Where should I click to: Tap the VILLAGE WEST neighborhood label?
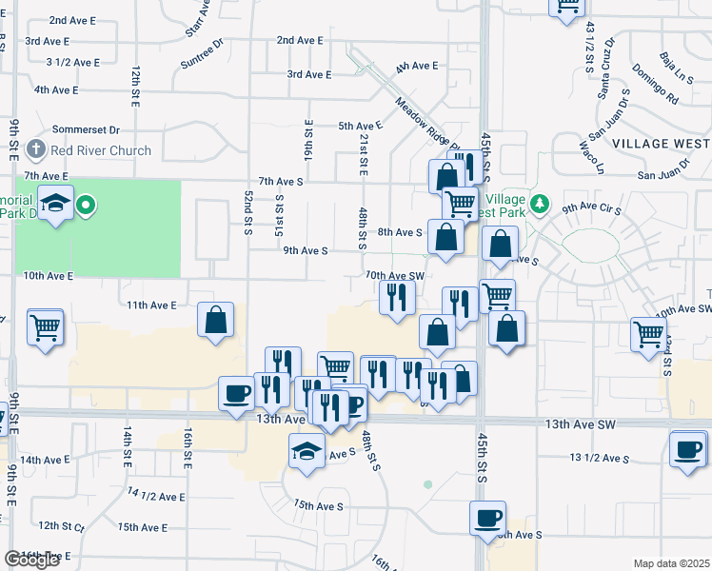[x=661, y=142]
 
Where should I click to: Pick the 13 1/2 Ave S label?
[x=600, y=459]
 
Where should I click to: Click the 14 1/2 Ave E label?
[x=156, y=497]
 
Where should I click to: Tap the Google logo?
[x=31, y=560]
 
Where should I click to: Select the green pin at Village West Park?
[x=540, y=204]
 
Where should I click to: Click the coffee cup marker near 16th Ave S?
[x=488, y=519]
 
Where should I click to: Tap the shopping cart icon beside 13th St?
[x=46, y=327]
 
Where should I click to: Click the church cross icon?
[x=36, y=149]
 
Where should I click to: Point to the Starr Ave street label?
[x=198, y=16]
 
